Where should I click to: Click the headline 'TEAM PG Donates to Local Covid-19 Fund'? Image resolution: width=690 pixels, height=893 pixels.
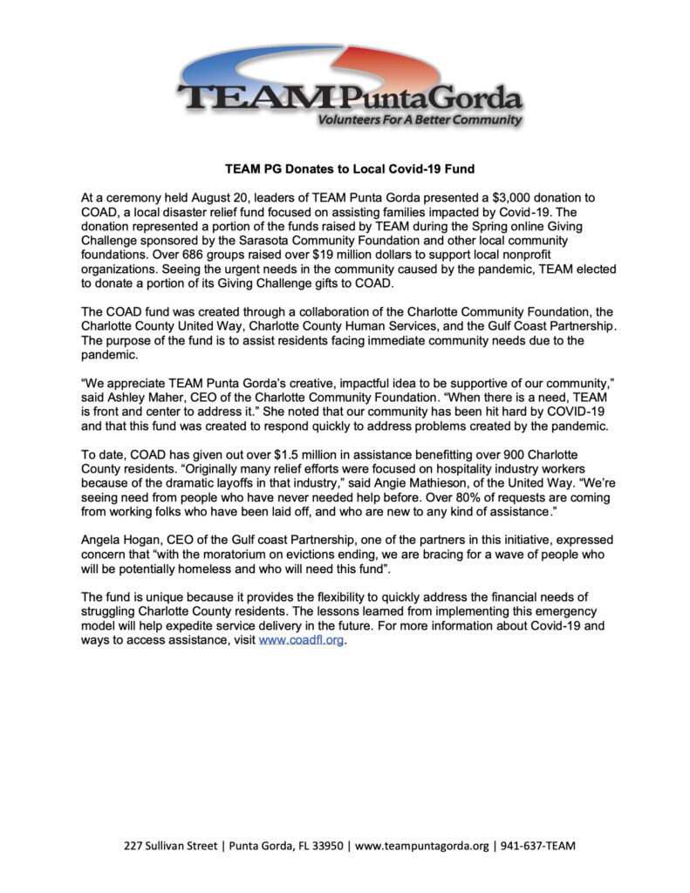click(345, 167)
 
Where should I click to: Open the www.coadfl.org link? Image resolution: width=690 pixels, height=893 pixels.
click(296, 640)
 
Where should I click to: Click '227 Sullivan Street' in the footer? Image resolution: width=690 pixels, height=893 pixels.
click(169, 846)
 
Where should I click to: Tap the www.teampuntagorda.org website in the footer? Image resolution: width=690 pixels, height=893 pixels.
click(421, 846)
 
